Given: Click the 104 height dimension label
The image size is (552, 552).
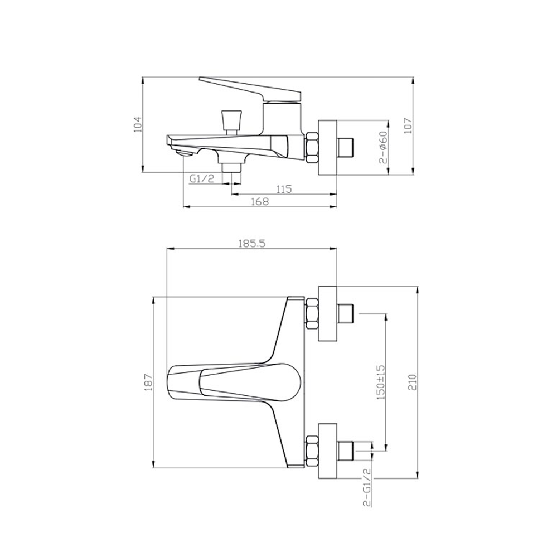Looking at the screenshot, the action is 138,124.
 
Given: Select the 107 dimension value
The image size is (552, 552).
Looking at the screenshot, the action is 408,125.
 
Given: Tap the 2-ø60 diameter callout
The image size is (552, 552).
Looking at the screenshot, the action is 382,147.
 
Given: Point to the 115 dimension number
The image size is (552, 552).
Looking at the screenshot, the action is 284,189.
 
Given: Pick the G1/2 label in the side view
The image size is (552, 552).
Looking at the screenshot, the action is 202,179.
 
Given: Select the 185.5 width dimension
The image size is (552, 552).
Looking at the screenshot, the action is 251,243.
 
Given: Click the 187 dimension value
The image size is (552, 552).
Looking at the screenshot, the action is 148,382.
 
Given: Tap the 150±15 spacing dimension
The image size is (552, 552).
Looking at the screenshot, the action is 381,382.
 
